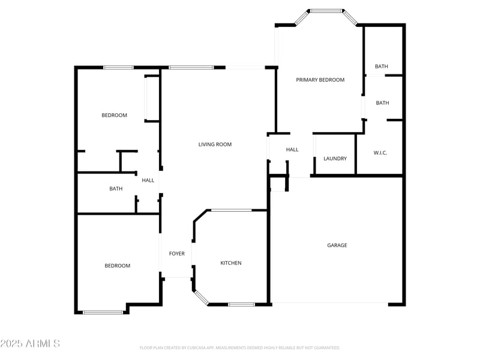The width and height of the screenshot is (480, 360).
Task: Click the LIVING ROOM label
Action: [x=215, y=144]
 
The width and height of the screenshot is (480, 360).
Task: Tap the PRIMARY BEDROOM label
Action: [x=320, y=80]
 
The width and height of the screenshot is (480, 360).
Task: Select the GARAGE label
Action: [x=337, y=245]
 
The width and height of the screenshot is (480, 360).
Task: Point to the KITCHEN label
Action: [x=231, y=263]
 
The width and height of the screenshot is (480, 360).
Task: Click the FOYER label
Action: [x=176, y=254]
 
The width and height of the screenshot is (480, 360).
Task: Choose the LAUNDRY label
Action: [x=335, y=158]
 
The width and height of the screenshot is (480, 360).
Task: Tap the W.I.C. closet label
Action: [x=380, y=153]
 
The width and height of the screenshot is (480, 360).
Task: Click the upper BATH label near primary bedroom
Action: [x=382, y=67]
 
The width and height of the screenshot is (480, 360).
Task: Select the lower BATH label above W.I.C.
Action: [x=382, y=103]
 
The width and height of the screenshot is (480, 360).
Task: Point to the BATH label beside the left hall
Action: [x=116, y=188]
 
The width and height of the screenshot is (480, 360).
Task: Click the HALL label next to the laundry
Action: [x=292, y=149]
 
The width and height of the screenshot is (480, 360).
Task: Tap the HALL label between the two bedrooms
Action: [x=148, y=180]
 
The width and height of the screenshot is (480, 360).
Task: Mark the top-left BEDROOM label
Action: [x=114, y=115]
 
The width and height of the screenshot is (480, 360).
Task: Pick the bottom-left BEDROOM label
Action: [x=117, y=266]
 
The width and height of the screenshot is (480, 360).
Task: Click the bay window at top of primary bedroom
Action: [x=326, y=11]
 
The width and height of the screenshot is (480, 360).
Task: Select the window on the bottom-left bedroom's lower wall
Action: [x=103, y=311]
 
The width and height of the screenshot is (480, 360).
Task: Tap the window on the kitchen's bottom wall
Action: [x=241, y=304]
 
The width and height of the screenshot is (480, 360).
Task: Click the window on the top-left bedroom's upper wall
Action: [x=118, y=67]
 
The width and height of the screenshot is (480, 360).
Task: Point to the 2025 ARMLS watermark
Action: [x=30, y=344]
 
